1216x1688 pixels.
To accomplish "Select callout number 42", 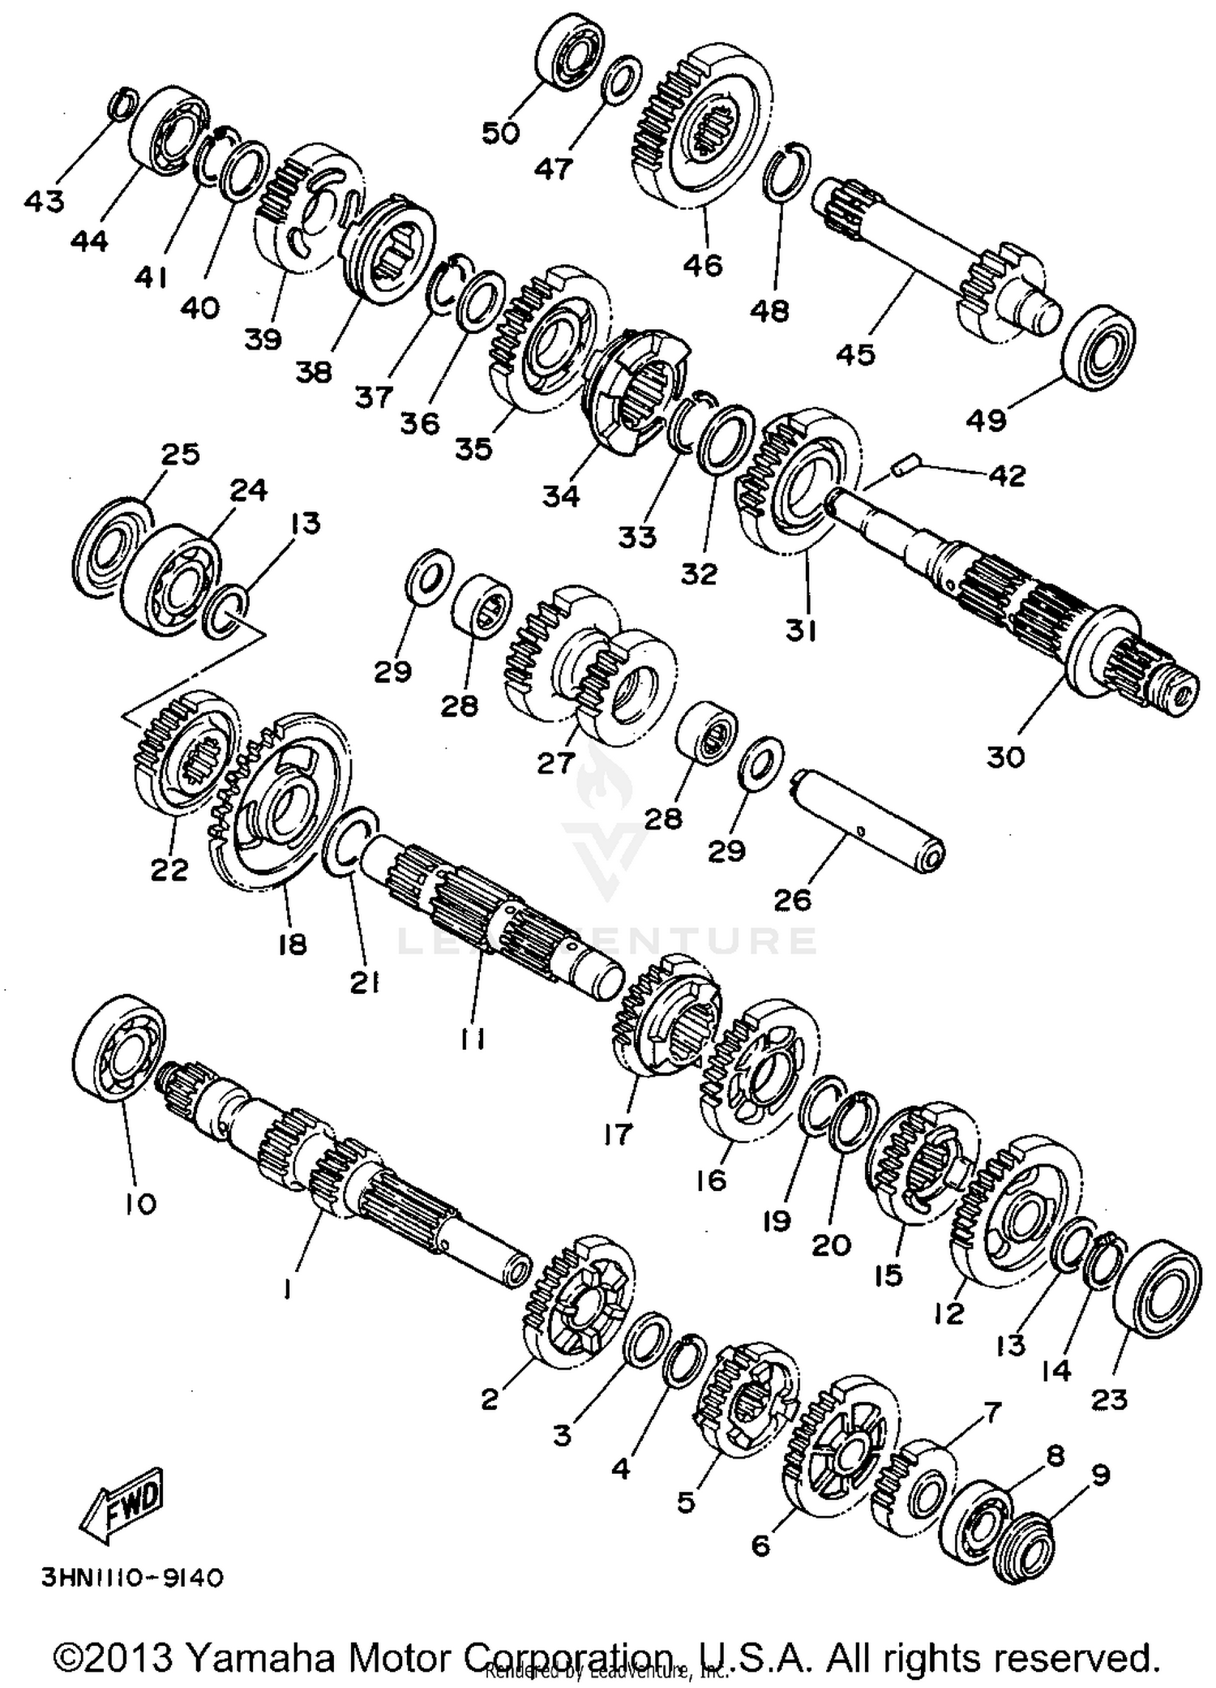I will [1007, 475].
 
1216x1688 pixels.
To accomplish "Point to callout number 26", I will [792, 899].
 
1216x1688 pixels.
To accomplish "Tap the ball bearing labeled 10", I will [119, 1049].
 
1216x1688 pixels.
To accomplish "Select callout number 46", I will [703, 265].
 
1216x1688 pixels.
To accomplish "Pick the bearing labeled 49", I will [1098, 344].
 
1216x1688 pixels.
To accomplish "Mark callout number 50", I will [500, 132].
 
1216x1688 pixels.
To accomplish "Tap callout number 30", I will [1006, 757].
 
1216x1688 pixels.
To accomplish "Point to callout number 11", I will [473, 1039].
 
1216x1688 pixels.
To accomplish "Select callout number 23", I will [1110, 1399].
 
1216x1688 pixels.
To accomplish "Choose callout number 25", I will [180, 454].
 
